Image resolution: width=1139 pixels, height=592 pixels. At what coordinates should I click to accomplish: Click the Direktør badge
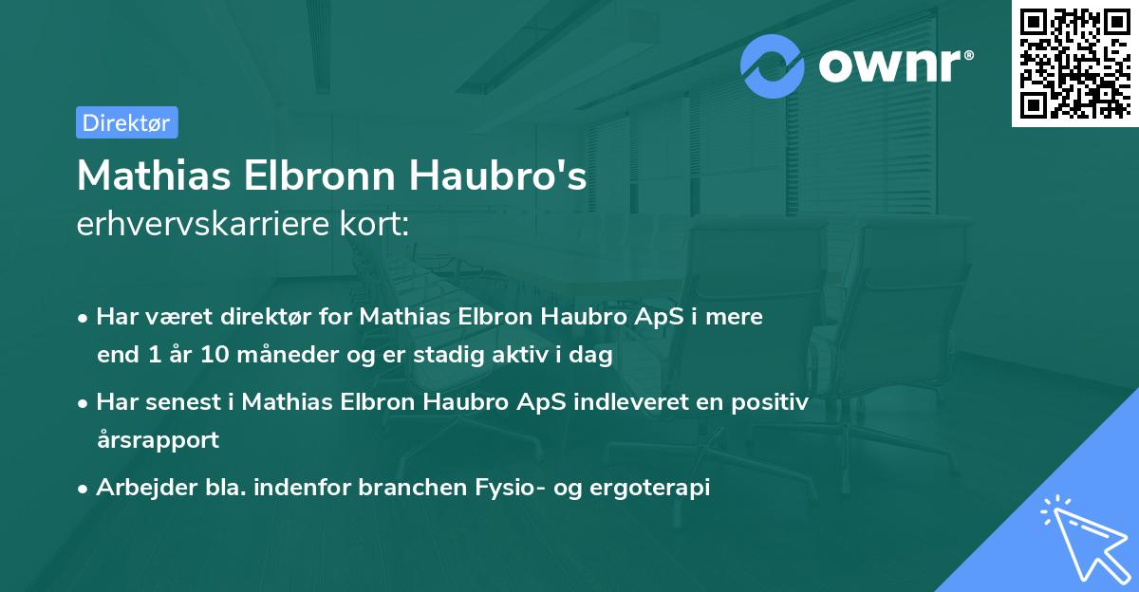point(126,122)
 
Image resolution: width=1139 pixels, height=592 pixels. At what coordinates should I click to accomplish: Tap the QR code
point(1074,63)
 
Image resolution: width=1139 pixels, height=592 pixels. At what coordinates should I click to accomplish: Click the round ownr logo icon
point(773,65)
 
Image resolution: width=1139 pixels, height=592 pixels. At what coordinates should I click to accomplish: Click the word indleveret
point(626,402)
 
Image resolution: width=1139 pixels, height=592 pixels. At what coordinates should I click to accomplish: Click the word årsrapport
point(158,440)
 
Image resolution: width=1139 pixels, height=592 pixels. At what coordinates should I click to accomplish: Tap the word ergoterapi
point(655,488)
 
